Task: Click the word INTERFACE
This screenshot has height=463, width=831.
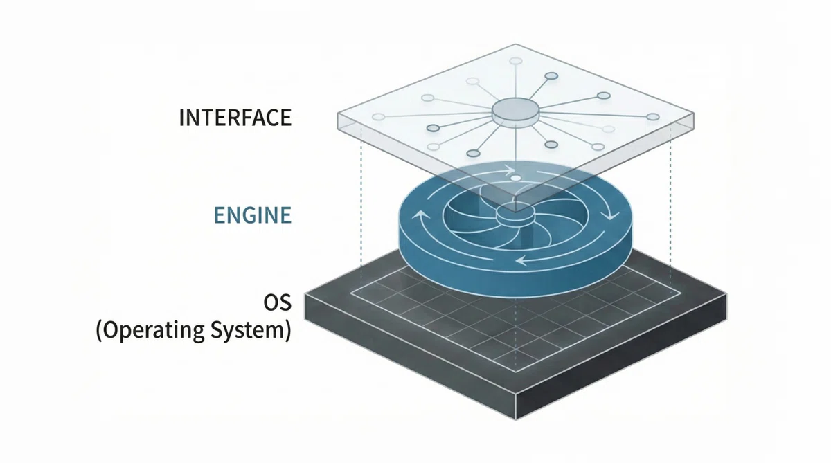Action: pyautogui.click(x=235, y=118)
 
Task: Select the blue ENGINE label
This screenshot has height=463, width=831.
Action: pyautogui.click(x=253, y=215)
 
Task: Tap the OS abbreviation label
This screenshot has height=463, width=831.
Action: pyautogui.click(x=278, y=302)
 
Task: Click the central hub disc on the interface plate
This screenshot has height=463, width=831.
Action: pyautogui.click(x=516, y=112)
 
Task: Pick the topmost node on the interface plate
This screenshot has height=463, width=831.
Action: pyautogui.click(x=516, y=61)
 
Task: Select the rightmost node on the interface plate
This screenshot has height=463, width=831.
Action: pyautogui.click(x=653, y=117)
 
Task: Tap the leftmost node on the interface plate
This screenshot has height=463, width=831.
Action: pyautogui.click(x=378, y=117)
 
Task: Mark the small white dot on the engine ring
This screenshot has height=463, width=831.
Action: pyautogui.click(x=515, y=179)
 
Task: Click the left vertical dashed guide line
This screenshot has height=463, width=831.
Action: pyautogui.click(x=361, y=205)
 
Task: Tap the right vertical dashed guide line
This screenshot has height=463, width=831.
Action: pyautogui.click(x=670, y=210)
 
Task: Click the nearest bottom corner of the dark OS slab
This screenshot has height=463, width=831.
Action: pyautogui.click(x=516, y=420)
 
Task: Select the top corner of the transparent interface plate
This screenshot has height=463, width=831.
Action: pyautogui.click(x=516, y=44)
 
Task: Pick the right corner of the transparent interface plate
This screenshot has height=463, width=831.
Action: pyautogui.click(x=694, y=113)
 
